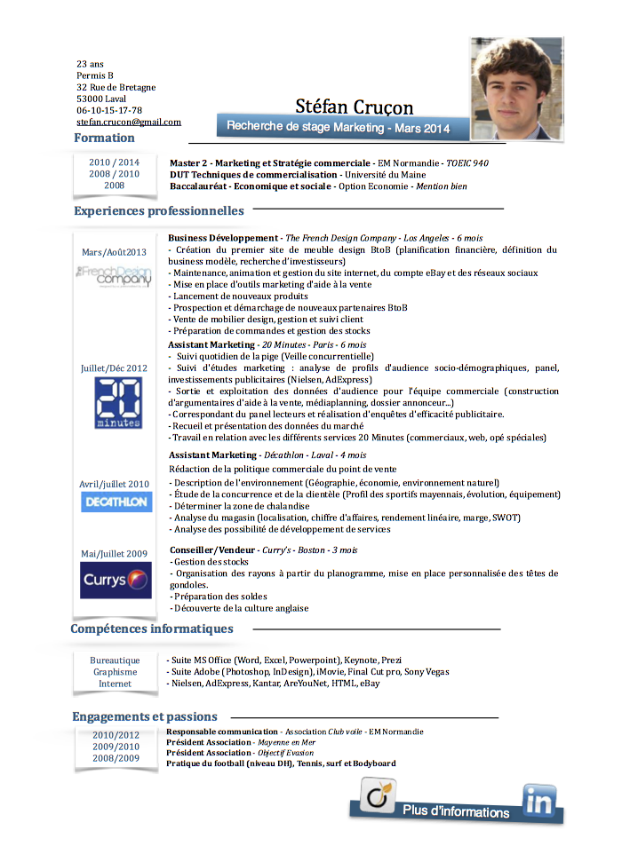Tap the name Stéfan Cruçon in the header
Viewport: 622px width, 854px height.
pos(355,107)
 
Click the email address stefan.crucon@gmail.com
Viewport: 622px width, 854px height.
pos(129,122)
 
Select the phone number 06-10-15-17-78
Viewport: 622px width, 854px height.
pos(109,110)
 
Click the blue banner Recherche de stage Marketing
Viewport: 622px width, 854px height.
pos(338,127)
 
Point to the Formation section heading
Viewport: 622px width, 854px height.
pos(105,138)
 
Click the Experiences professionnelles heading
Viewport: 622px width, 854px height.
pos(159,210)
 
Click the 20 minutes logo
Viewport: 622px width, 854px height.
pos(118,403)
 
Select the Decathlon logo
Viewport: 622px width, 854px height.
pos(116,502)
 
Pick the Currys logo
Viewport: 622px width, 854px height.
pos(116,580)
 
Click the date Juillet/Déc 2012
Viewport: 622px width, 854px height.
pos(114,368)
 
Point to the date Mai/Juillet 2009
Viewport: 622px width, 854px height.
pos(114,553)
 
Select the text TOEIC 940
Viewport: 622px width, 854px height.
pos(467,163)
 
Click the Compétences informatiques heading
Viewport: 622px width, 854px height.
pos(152,629)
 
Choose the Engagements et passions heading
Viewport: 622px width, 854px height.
pos(145,716)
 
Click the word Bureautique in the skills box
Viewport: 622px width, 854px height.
pos(115,660)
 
